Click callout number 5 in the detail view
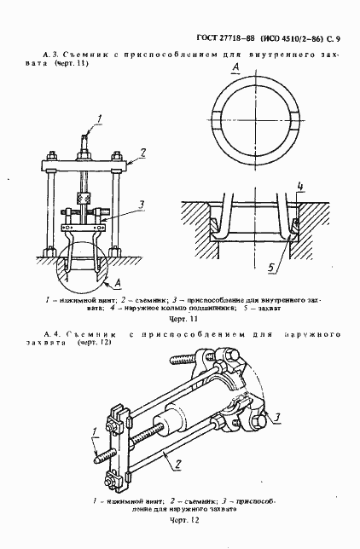270,267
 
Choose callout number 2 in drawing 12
177,463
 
